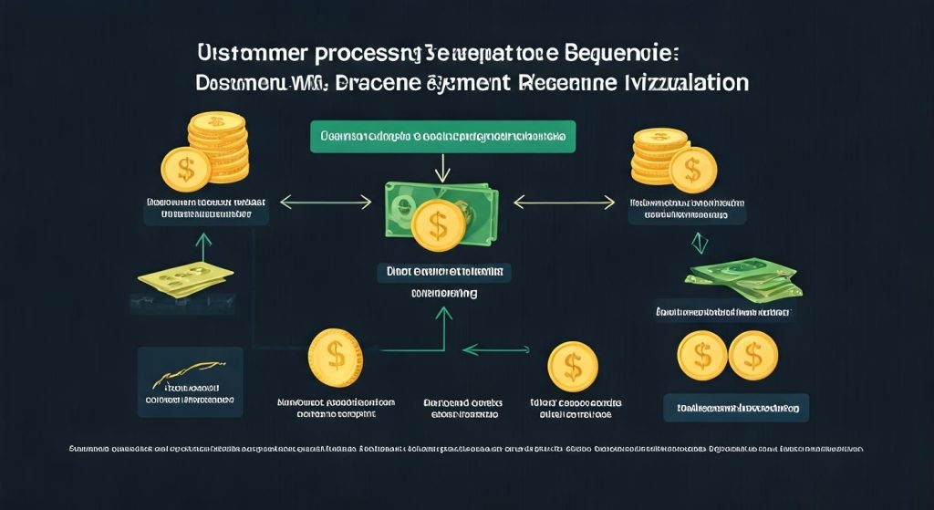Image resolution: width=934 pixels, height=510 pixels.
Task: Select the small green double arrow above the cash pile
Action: click(x=700, y=243)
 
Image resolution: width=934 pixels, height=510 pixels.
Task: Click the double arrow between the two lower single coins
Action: click(x=497, y=349)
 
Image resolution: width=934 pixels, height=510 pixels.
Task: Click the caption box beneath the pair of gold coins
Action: click(x=736, y=406)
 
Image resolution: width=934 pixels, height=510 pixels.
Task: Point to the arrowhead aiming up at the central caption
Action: click(x=445, y=315)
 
